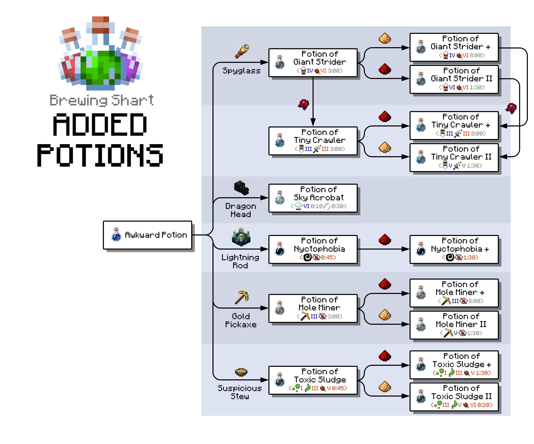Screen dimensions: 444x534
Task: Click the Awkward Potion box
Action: tap(147, 235)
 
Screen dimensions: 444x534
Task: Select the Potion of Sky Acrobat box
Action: tap(313, 198)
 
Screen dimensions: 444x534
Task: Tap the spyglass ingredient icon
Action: tap(242, 51)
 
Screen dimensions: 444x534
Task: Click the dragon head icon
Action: tap(241, 188)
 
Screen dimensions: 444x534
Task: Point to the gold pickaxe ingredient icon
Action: tap(242, 297)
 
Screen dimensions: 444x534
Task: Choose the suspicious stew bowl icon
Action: tap(241, 372)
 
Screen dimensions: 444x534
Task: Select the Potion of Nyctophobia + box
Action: tap(454, 249)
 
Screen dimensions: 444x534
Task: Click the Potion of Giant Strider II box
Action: tap(454, 79)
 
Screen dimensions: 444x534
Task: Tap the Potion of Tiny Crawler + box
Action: tap(454, 125)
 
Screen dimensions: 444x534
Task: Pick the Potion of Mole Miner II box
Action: tap(454, 325)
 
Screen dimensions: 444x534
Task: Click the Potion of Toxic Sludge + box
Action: tap(454, 365)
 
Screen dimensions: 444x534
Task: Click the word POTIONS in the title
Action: tap(100, 155)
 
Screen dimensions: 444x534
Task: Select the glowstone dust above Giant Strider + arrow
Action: tap(385, 38)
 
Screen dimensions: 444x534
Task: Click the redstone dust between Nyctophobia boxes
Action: tap(385, 240)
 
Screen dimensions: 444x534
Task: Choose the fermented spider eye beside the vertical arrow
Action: tap(304, 104)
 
